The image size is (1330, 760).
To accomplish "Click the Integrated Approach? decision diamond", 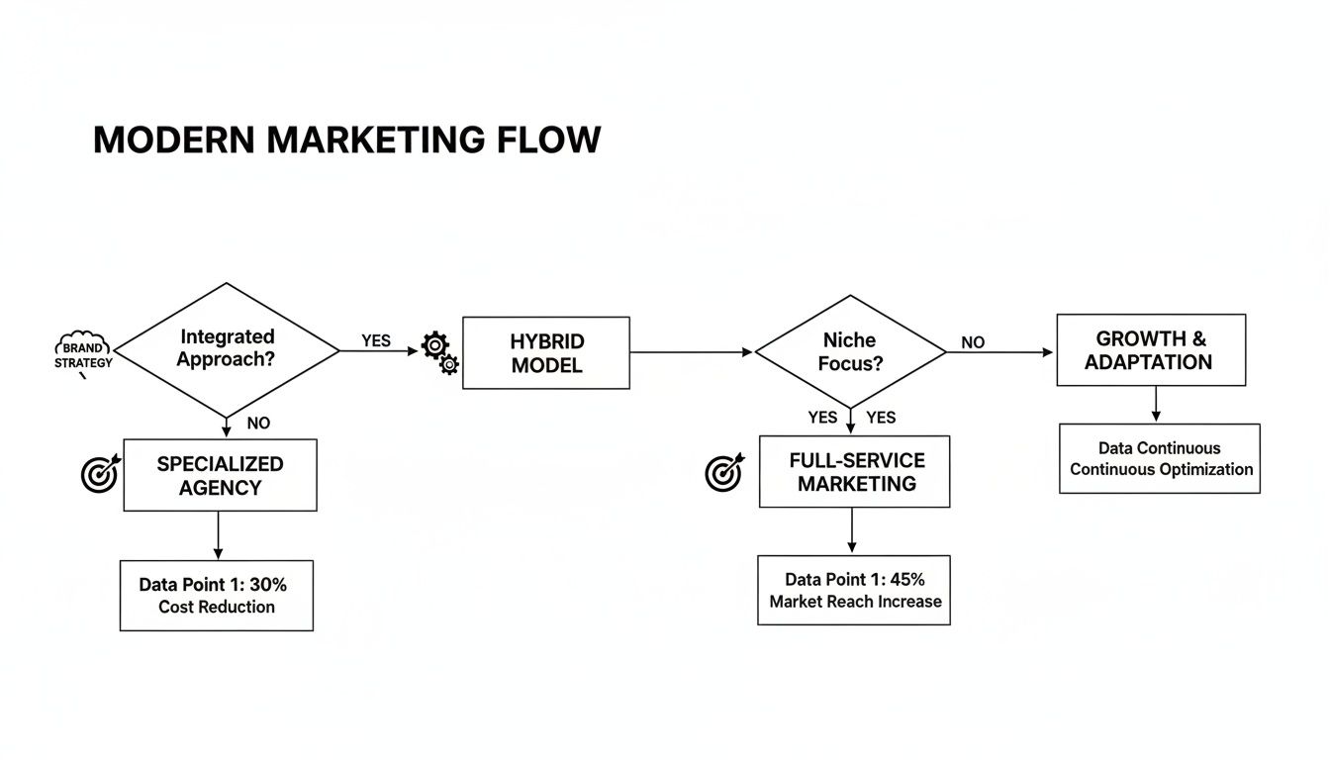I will [227, 349].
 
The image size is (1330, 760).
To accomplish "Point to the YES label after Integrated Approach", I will [376, 340].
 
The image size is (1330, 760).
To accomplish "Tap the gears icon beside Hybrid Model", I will [440, 353].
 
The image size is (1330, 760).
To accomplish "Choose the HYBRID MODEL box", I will [546, 352].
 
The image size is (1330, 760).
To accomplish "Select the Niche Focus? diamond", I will [850, 351].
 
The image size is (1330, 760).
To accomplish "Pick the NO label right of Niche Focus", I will [973, 342].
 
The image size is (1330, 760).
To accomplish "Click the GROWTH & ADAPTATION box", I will [1150, 350].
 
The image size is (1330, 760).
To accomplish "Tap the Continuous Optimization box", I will [1160, 459].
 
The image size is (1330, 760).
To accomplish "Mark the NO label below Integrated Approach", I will [258, 424].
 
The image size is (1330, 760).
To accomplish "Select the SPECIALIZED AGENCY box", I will [220, 475].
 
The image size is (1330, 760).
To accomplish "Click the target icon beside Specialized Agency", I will [99, 474].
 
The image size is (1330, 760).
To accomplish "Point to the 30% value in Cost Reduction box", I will [296, 584].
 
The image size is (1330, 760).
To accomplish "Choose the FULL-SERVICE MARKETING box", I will [854, 472].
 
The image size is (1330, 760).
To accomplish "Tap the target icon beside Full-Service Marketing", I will [724, 472].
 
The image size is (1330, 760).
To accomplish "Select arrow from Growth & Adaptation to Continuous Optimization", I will [1155, 405].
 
